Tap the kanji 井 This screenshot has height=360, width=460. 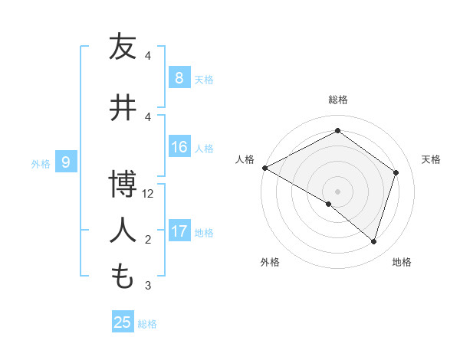point(123,107)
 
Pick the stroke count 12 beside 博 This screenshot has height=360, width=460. point(149,194)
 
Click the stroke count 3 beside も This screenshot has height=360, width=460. point(149,286)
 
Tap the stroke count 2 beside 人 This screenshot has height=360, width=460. point(149,240)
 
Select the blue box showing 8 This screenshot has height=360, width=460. point(179,77)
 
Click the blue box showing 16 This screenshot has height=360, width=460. point(179,147)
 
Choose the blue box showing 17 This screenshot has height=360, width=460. point(179,231)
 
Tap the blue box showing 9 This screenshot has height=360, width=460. point(67,162)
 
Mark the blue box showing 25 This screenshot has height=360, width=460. point(123,322)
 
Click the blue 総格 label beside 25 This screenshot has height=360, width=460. point(147,324)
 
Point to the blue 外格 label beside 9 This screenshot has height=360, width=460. point(41,163)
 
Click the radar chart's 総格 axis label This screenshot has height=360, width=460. point(337,100)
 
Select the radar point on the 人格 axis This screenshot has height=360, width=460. point(264,167)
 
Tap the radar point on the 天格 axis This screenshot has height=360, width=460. point(396,172)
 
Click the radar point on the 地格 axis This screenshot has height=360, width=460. point(373,241)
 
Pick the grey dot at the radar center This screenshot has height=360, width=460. point(337,191)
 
